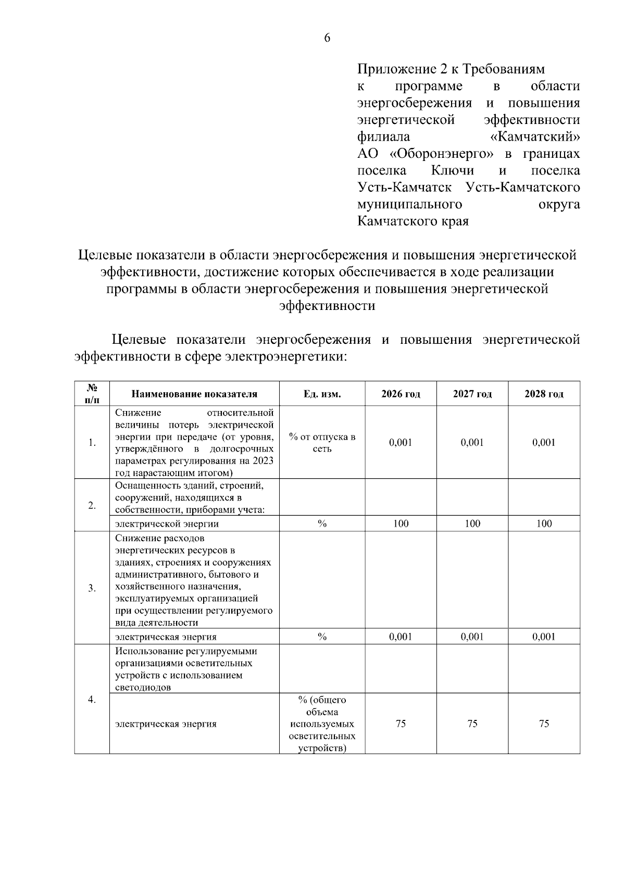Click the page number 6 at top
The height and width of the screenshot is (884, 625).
pos(327,38)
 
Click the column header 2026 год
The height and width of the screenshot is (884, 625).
pos(401,394)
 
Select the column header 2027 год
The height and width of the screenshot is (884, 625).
pos(472,394)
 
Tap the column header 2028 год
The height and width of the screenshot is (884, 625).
pos(544,394)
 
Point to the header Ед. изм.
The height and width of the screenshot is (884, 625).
pos(322,394)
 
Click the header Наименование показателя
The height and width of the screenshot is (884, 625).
pos(194,394)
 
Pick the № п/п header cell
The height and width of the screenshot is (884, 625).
pos(92,394)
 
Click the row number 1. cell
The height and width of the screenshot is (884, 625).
pos(92,443)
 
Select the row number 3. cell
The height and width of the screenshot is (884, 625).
pos(92,588)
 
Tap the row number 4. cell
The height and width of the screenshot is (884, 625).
pos(92,700)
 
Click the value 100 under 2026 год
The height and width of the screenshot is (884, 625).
pos(401,524)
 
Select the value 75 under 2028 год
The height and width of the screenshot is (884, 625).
pos(544,724)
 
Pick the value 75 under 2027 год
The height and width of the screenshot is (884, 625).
pos(472,724)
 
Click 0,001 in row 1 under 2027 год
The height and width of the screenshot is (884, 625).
pos(472,443)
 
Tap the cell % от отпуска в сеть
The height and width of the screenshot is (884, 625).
pos(322,443)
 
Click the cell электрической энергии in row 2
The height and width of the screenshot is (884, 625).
pos(167,524)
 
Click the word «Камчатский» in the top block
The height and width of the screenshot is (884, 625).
pos(535,137)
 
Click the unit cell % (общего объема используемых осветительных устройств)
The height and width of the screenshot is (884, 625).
pos(322,724)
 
